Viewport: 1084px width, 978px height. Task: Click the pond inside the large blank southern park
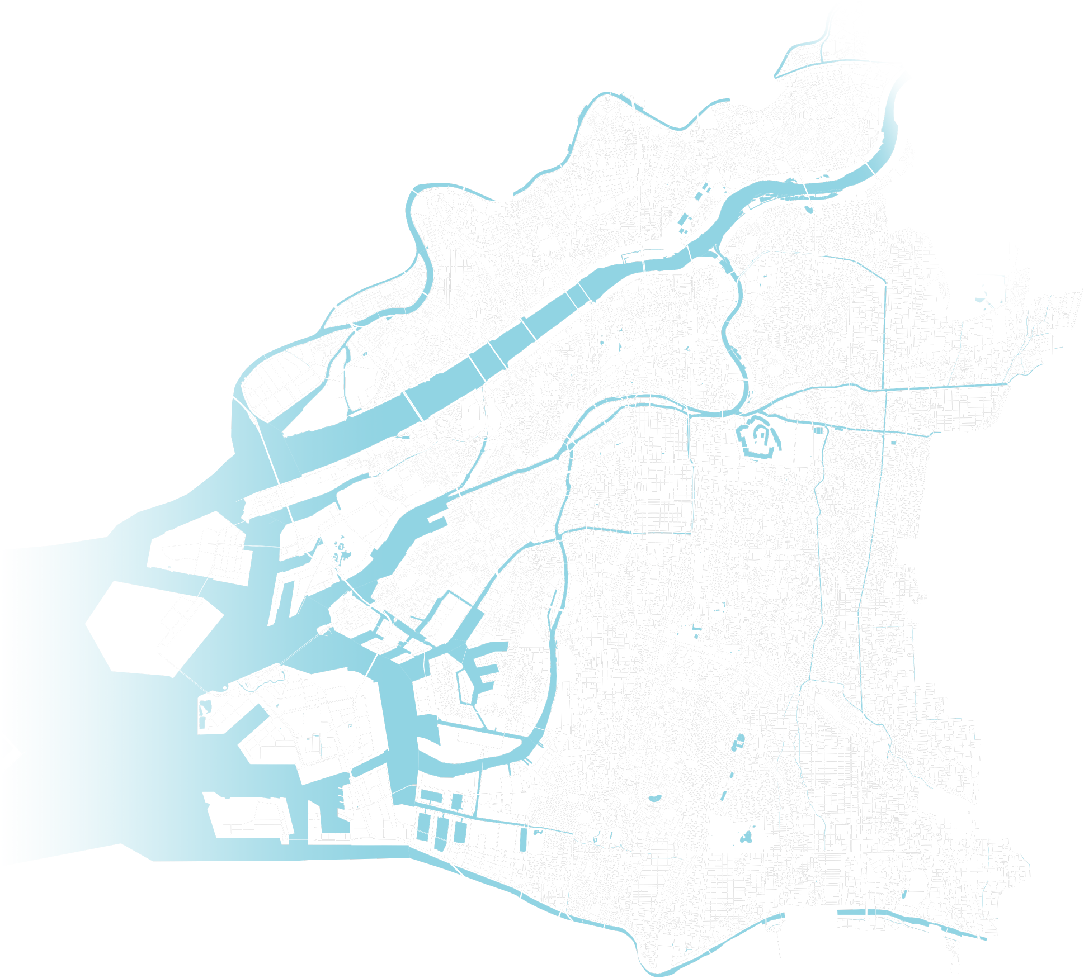pos(746,838)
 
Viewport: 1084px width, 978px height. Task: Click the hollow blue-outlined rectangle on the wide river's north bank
pos(632,257)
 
